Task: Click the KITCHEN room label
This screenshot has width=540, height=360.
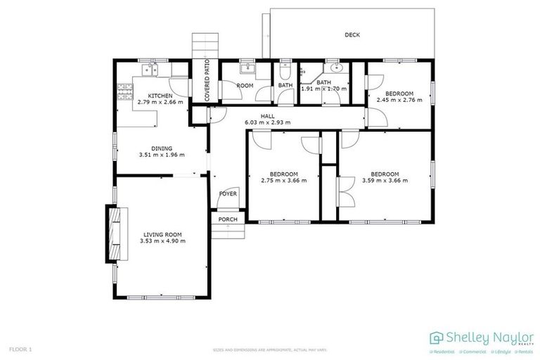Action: pyautogui.click(x=160, y=95)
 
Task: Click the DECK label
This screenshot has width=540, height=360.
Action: pyautogui.click(x=352, y=34)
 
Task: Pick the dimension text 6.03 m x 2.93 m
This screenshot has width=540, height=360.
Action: pyautogui.click(x=267, y=122)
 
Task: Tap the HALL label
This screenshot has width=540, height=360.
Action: pyautogui.click(x=267, y=115)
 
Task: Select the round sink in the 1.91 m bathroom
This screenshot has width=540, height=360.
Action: pyautogui.click(x=335, y=69)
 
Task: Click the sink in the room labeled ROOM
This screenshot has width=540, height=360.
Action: pyautogui.click(x=247, y=69)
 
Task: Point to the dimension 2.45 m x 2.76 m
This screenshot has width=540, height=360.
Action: pyautogui.click(x=399, y=100)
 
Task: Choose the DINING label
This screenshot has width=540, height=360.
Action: pyautogui.click(x=160, y=148)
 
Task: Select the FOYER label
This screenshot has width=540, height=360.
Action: pyautogui.click(x=228, y=193)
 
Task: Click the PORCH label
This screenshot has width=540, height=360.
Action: pyautogui.click(x=228, y=219)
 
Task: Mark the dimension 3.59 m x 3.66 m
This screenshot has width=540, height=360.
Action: pyautogui.click(x=385, y=181)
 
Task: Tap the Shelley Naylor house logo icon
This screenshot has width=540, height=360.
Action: pyautogui.click(x=436, y=337)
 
